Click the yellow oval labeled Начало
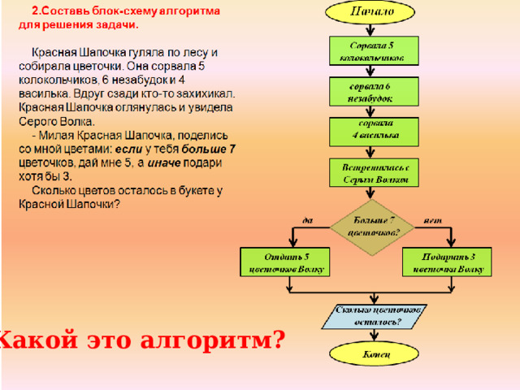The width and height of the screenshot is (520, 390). pyautogui.click(x=372, y=12)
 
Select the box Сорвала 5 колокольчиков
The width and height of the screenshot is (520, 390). pyautogui.click(x=373, y=50)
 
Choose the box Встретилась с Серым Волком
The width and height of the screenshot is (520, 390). pyautogui.click(x=373, y=171)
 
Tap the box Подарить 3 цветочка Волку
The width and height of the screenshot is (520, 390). pyautogui.click(x=448, y=262)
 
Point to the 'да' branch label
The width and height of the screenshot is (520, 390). pyautogui.click(x=308, y=219)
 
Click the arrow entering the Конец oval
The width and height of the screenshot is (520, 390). pyautogui.click(x=372, y=336)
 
